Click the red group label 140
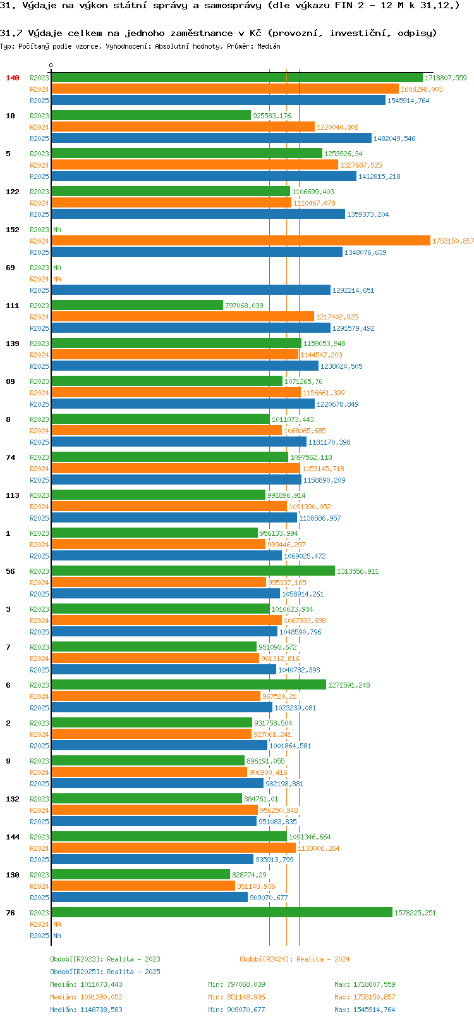point(12,78)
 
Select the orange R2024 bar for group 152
point(240,240)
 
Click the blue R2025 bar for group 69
point(191,290)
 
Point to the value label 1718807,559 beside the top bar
point(446,78)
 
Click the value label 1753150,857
point(453,241)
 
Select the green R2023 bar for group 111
point(137,305)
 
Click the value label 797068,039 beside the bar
point(244,306)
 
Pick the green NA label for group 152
point(57,230)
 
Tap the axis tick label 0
point(51,66)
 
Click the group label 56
point(10,571)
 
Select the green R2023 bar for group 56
point(193,571)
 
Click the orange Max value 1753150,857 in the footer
point(374,997)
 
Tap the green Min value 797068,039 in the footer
point(246,984)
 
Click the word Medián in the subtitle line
point(269,46)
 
